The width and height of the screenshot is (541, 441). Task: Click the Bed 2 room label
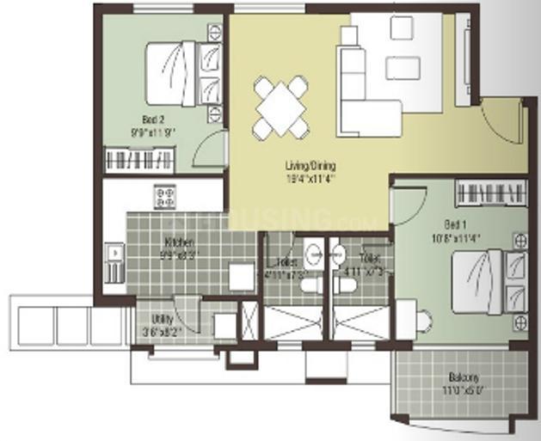click(154, 120)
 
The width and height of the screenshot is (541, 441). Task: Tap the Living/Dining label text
click(310, 166)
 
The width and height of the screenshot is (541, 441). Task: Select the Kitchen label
click(178, 242)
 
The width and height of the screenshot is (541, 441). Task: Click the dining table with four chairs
click(281, 107)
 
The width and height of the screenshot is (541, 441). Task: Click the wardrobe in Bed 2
click(139, 159)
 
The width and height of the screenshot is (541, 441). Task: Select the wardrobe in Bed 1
click(489, 192)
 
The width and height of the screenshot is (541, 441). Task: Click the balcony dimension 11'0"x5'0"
click(462, 389)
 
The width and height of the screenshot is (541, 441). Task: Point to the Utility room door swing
click(188, 317)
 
